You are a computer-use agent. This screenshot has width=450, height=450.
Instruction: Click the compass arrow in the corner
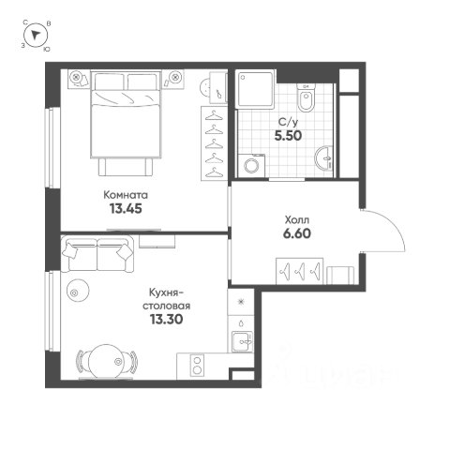(36, 35)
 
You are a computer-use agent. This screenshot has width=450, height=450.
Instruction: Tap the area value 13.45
(126, 208)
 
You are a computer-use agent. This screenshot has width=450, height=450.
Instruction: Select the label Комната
(126, 195)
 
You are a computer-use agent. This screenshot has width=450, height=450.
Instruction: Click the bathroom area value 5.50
(288, 136)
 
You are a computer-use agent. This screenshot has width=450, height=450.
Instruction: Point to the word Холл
(297, 220)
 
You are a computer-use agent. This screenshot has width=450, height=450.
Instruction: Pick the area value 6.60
(297, 233)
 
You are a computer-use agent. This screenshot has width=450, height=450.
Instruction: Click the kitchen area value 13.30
(166, 320)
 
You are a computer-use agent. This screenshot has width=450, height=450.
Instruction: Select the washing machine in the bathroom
(251, 166)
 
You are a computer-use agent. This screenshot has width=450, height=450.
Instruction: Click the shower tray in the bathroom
(256, 89)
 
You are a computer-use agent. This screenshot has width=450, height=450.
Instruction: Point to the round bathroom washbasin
(325, 158)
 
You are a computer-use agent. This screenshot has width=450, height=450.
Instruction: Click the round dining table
(106, 362)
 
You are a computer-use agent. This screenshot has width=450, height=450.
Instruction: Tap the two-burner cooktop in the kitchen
(197, 366)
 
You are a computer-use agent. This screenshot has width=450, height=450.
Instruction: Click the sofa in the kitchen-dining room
(97, 254)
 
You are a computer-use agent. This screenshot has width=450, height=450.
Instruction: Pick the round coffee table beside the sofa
(78, 291)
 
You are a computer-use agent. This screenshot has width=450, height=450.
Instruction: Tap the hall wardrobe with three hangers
(299, 271)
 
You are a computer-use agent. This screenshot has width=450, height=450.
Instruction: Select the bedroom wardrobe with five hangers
(214, 143)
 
